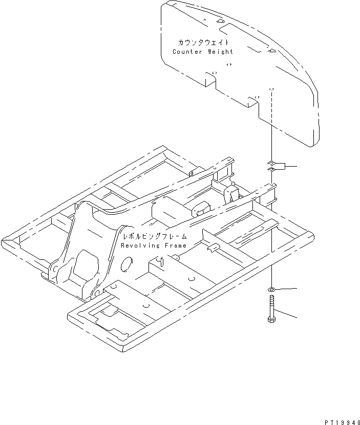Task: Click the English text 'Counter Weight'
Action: tap(203, 51)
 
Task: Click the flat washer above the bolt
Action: tap(271, 290)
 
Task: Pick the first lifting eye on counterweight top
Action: tap(221, 22)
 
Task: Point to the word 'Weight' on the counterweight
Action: tap(221, 51)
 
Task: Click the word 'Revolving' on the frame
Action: tap(140, 246)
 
